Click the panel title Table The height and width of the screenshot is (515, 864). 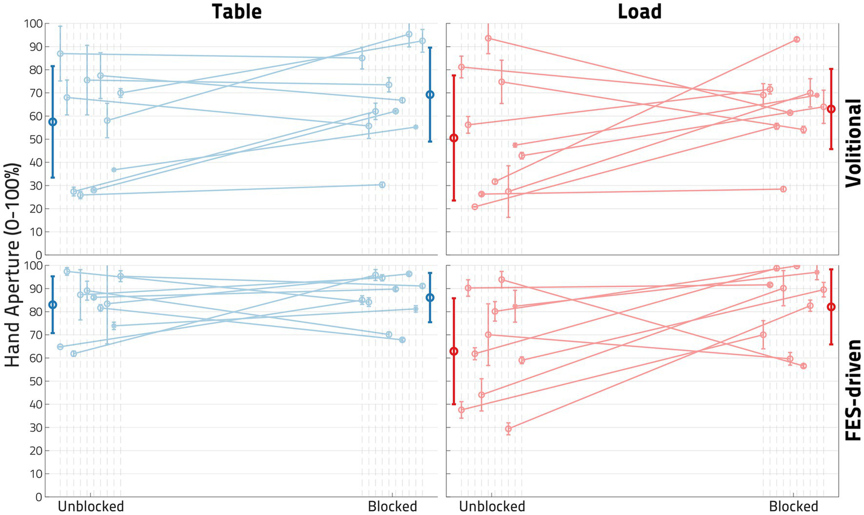pos(236,11)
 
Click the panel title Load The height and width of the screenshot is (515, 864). pos(639,11)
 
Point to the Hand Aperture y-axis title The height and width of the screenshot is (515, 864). pos(12,265)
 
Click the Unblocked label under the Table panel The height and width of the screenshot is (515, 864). pos(91,506)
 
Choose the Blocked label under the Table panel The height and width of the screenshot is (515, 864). pos(392,506)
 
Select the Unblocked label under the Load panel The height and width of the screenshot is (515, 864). pos(492,506)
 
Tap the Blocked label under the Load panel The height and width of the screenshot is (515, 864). pos(793,506)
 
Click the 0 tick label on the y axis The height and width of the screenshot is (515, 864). pos(38,497)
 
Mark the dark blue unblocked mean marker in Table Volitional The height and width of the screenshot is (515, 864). pos(53,122)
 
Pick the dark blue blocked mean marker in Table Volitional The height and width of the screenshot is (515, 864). pos(430,95)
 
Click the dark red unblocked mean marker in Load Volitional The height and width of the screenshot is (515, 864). pos(454,138)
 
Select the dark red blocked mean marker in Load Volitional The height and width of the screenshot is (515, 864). pos(831,109)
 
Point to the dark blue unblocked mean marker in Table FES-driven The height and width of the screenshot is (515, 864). pos(53,304)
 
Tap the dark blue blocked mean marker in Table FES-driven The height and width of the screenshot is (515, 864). pos(430,297)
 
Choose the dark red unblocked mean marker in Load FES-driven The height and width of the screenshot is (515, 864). pos(454,351)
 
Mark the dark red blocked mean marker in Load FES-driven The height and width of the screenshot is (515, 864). pos(831,307)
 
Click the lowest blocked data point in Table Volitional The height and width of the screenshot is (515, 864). pos(382,185)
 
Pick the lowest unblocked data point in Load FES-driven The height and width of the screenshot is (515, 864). pos(508,429)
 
